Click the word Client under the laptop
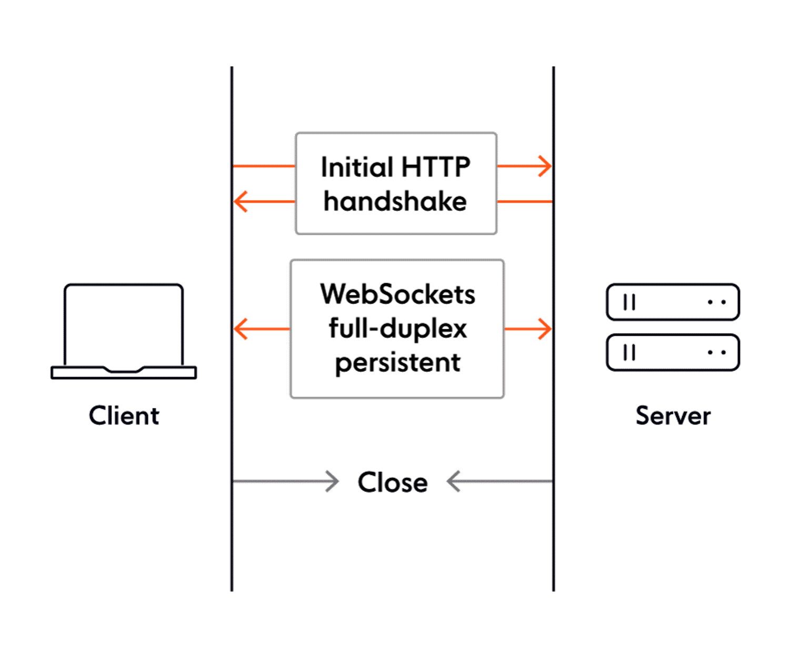pos(124,416)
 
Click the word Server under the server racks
pos(673,416)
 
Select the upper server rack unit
pos(673,302)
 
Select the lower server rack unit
pos(673,352)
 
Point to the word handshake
pos(395,202)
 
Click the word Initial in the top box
pos(357,167)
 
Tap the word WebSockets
pos(397,294)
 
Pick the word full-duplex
pos(397,328)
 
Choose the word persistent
pos(397,363)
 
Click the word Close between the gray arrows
pos(393,482)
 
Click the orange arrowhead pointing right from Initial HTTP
pos(545,166)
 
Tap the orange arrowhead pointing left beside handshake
pos(240,202)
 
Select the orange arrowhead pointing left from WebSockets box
pos(240,329)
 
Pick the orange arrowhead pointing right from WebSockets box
pos(545,329)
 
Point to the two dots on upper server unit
pos(717,302)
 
